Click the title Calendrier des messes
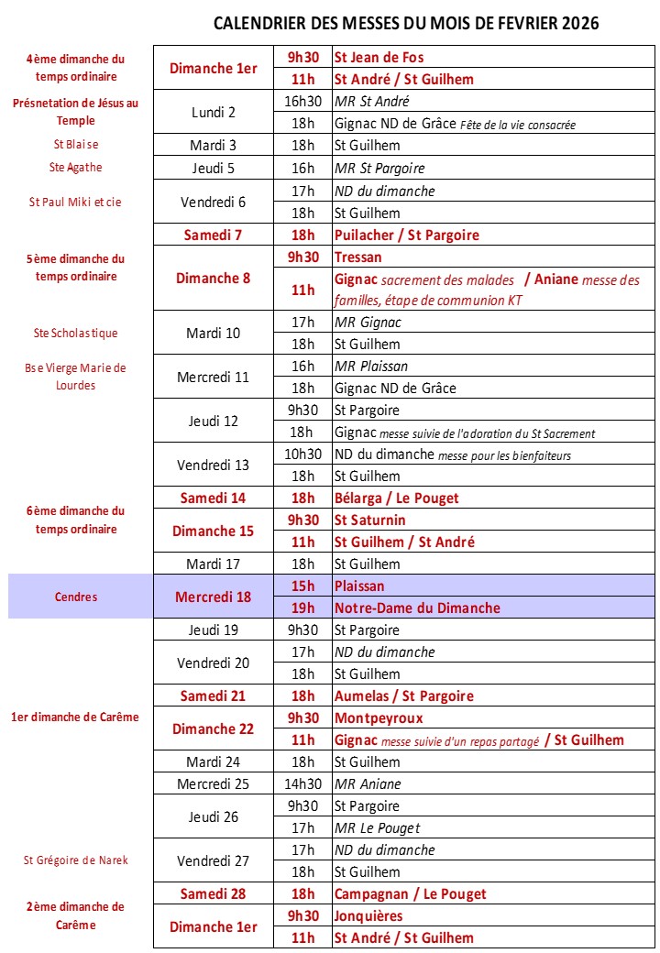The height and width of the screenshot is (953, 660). [x=405, y=24]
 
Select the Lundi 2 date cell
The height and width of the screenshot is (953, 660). [x=214, y=113]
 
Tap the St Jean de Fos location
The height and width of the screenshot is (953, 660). [x=379, y=57]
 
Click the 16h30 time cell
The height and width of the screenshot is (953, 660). [x=302, y=102]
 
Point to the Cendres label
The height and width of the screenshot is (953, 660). [x=75, y=597]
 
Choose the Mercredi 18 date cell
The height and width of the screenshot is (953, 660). [x=214, y=597]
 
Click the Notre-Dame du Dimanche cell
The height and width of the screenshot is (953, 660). [x=417, y=608]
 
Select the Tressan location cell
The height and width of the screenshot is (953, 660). [x=358, y=257]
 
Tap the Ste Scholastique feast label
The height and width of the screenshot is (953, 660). [x=75, y=333]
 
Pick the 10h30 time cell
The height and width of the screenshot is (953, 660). [x=302, y=454]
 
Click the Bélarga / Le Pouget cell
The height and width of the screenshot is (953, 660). [x=397, y=498]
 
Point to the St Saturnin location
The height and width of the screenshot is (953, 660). [x=371, y=520]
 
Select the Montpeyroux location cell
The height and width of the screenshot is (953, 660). [x=379, y=717]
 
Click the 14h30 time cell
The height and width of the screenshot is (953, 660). [x=302, y=783]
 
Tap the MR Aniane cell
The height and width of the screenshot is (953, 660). [x=368, y=783]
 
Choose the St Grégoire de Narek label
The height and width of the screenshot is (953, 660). [x=75, y=860]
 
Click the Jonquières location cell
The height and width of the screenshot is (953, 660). [x=368, y=915]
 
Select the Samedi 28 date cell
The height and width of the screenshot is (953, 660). [x=214, y=893]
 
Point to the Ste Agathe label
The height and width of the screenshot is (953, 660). [x=75, y=168]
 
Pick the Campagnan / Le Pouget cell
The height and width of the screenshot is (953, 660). [x=410, y=893]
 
